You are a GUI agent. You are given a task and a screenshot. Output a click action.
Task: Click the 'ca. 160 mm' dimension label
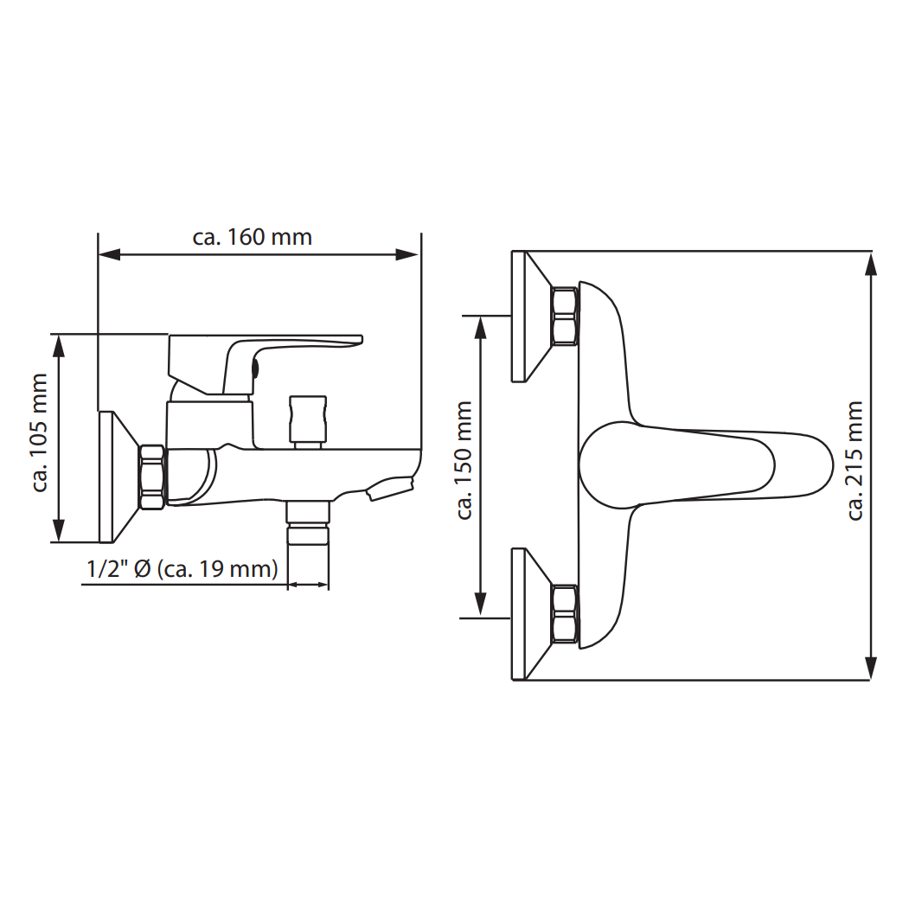pos(253,237)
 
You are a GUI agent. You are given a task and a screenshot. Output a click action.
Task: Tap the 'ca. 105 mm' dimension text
pos(39,432)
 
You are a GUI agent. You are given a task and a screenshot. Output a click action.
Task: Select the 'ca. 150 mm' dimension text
pos(464,460)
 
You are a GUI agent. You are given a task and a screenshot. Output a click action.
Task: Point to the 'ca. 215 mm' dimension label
pos(855,461)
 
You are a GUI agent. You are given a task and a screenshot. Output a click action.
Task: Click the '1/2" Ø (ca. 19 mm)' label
pos(182,569)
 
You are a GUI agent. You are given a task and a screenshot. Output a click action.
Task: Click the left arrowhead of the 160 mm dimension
pos(110,254)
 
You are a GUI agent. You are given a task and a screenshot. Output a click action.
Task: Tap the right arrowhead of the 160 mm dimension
pos(407,254)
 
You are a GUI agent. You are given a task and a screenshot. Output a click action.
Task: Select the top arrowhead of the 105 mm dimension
pos(58,346)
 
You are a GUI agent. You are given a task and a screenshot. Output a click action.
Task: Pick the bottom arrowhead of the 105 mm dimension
pos(58,530)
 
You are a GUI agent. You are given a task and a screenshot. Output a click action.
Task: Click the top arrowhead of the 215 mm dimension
pos(870,263)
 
